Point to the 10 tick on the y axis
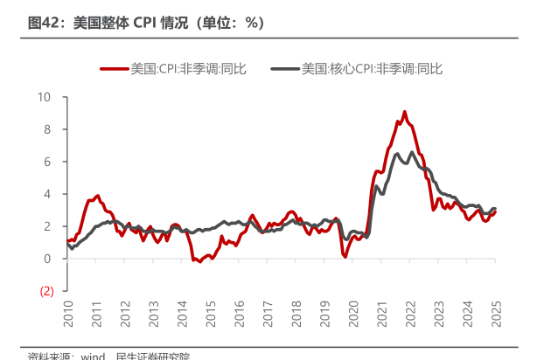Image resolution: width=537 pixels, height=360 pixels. [x=45, y=97]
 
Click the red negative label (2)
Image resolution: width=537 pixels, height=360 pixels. [x=46, y=291]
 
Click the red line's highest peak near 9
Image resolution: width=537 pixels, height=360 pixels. [x=404, y=112]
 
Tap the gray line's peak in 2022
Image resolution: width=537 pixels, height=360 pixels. [x=413, y=153]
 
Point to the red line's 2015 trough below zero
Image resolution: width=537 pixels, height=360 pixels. [x=199, y=261]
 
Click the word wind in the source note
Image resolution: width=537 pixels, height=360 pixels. [x=93, y=356]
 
